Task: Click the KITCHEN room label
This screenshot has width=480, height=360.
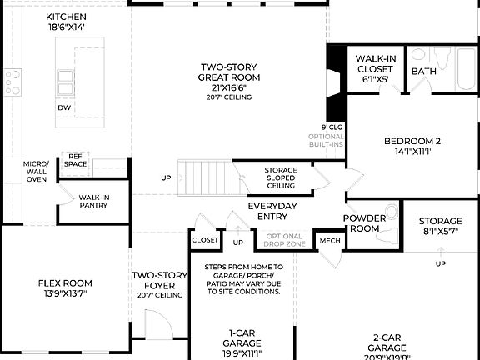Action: coord(64,22)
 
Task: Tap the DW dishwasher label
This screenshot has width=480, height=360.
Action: coord(64,107)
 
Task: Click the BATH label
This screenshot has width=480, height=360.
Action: coord(423,72)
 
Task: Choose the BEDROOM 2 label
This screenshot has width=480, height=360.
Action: coord(412,146)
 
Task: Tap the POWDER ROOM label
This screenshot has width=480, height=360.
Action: coord(365,223)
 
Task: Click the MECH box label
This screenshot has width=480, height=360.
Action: coord(330,241)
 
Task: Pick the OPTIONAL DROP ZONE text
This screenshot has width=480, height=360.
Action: coord(285,241)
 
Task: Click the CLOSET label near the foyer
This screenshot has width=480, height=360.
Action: coord(205,240)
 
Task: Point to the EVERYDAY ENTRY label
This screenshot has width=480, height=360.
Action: coord(272,211)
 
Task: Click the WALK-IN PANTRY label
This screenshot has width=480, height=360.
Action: coord(94,202)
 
